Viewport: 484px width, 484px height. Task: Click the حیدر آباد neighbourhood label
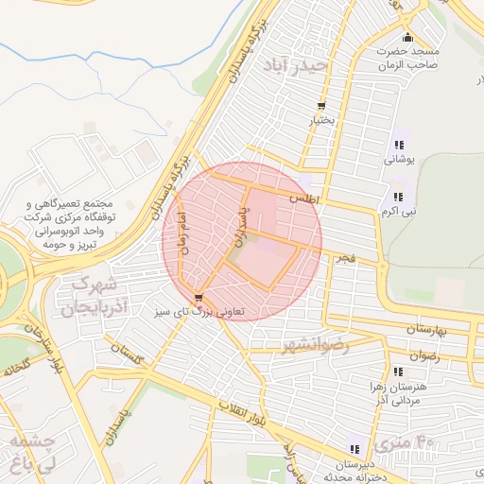pyautogui.click(x=299, y=67)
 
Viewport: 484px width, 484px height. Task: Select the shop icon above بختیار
pyautogui.click(x=321, y=106)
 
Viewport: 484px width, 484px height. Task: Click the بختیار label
pyautogui.click(x=321, y=121)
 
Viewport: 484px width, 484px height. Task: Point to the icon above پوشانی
pyautogui.click(x=398, y=146)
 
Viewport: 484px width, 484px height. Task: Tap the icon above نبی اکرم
pyautogui.click(x=398, y=197)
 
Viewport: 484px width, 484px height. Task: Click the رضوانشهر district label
pyautogui.click(x=316, y=347)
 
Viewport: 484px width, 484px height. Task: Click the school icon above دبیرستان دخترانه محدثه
pyautogui.click(x=354, y=449)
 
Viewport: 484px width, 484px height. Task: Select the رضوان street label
pyautogui.click(x=423, y=356)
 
